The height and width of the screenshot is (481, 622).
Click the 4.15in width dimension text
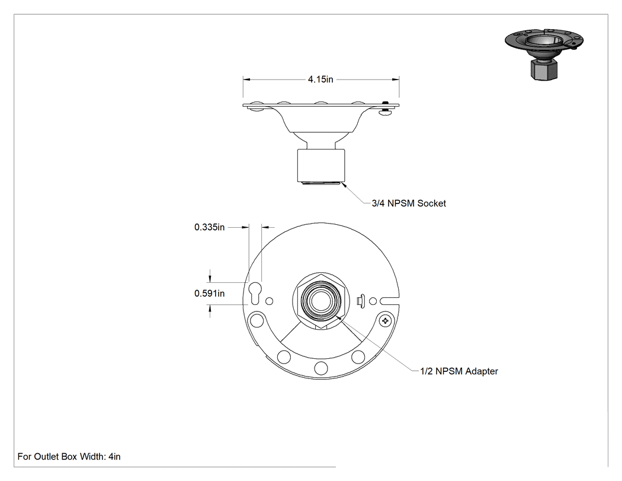[x=320, y=79]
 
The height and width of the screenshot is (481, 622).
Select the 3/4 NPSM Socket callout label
[x=409, y=203]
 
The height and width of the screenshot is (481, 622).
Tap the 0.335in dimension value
[x=210, y=227]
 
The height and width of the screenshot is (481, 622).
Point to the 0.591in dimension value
[x=210, y=294]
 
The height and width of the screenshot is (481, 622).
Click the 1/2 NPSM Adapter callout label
[x=459, y=371]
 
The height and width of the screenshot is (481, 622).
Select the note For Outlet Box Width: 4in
[x=69, y=457]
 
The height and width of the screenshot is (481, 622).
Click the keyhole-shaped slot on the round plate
[x=255, y=293]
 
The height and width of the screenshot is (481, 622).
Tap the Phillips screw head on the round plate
[x=385, y=320]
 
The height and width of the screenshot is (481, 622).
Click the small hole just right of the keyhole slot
[x=270, y=301]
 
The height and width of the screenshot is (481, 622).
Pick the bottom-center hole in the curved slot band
[x=321, y=368]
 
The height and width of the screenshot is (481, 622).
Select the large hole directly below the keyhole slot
[x=257, y=320]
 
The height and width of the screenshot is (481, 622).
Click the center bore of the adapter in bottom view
[x=320, y=301]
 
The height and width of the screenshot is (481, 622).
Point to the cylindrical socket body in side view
[x=321, y=165]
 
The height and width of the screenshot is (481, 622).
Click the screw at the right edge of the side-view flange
[x=386, y=108]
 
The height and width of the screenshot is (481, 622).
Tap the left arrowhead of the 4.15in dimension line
[x=246, y=79]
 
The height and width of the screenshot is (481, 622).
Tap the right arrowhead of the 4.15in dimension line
[x=396, y=79]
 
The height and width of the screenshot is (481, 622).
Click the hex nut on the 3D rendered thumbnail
[x=544, y=69]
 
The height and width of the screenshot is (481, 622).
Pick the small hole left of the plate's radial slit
[x=373, y=301]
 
